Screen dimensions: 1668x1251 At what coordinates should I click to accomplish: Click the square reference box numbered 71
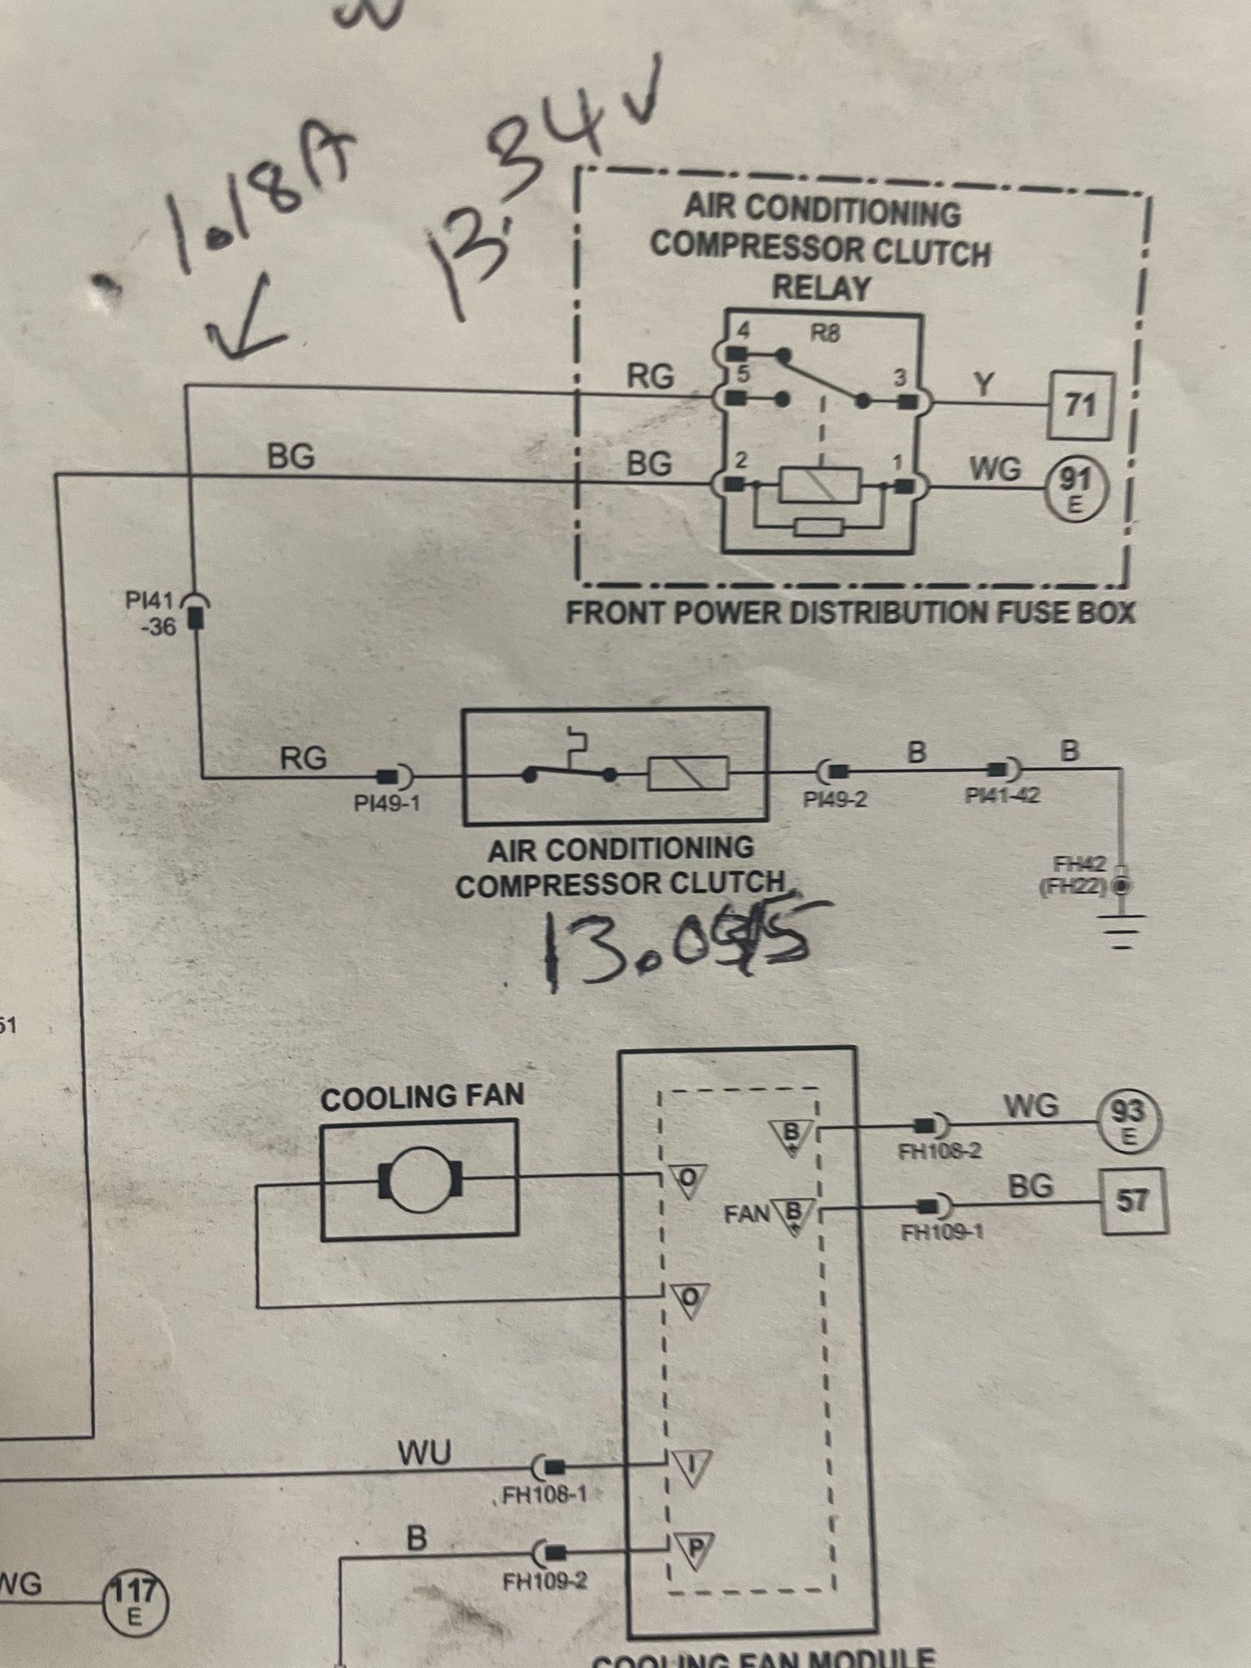(x=1080, y=406)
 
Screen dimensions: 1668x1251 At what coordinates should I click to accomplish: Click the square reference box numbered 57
(x=1132, y=1201)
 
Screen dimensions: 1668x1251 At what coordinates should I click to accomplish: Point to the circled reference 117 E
(x=134, y=1601)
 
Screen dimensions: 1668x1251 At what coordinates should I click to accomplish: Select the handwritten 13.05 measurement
(x=676, y=942)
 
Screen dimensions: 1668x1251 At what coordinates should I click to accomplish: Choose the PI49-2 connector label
(x=835, y=799)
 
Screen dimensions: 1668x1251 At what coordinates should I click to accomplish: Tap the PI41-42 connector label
(x=1002, y=795)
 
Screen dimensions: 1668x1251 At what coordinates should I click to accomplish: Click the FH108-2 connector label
(x=940, y=1152)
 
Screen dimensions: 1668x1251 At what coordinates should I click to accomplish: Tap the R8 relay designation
(x=825, y=334)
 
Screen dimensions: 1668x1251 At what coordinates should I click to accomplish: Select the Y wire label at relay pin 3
(x=984, y=384)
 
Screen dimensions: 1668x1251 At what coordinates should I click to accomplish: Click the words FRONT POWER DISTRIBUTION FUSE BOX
(x=851, y=613)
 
